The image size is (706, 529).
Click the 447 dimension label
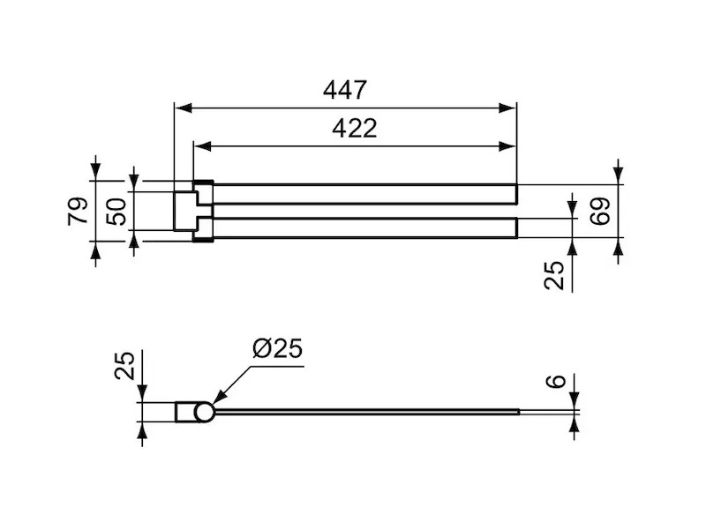tap(345, 90)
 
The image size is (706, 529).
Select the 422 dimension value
tap(355, 129)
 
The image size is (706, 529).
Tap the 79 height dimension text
tap(78, 211)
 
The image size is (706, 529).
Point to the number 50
tap(116, 212)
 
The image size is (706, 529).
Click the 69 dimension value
tap(600, 211)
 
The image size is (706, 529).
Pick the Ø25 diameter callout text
tap(278, 348)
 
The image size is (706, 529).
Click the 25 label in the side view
tap(124, 365)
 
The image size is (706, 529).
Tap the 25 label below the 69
tap(554, 275)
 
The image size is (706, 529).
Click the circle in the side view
tap(204, 403)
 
